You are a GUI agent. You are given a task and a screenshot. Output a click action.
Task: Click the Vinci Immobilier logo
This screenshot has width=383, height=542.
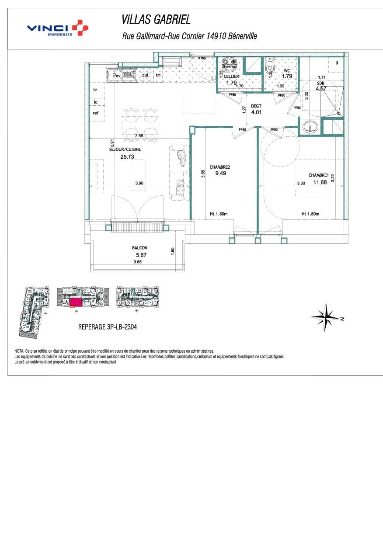click(x=57, y=28)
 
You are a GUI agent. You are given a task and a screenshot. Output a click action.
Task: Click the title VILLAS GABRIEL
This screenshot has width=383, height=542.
click(x=156, y=20)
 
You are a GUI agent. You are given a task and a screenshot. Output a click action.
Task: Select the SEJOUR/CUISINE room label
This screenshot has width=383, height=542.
click(x=125, y=149)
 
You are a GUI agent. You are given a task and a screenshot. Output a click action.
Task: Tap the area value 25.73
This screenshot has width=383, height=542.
click(x=127, y=156)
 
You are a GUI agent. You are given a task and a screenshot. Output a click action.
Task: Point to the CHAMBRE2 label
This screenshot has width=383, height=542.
click(x=219, y=167)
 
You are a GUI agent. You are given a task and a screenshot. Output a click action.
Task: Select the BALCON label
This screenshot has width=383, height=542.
click(x=139, y=248)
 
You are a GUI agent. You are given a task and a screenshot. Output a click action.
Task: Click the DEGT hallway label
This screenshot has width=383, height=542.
click(x=256, y=106)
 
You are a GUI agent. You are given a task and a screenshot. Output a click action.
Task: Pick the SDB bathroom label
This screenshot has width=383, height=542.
click(x=321, y=82)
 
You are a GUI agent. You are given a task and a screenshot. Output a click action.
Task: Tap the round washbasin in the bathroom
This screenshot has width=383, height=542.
click(x=310, y=128)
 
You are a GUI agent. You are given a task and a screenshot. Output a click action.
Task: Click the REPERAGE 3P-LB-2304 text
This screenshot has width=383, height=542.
click(x=107, y=327)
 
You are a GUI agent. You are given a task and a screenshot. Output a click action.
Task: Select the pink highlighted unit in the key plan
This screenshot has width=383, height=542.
click(x=75, y=302)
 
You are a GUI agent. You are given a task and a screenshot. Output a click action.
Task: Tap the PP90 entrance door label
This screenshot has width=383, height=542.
click(x=202, y=58)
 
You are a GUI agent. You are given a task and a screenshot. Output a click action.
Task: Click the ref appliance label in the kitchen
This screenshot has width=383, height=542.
click(x=95, y=113)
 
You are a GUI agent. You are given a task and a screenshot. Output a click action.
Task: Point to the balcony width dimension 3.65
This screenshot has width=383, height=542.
click(x=138, y=262)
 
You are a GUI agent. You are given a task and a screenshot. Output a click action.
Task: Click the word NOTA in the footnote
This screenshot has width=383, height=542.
click(x=19, y=351)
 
